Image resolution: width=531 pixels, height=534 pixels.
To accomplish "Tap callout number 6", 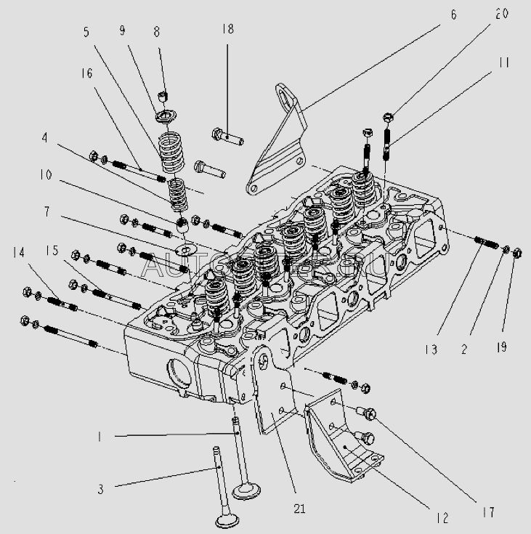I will (454, 15).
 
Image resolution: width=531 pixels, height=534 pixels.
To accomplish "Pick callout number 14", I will (18, 252).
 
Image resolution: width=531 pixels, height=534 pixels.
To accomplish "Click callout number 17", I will (488, 513).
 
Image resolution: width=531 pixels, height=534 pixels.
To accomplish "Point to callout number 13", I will (432, 349).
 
